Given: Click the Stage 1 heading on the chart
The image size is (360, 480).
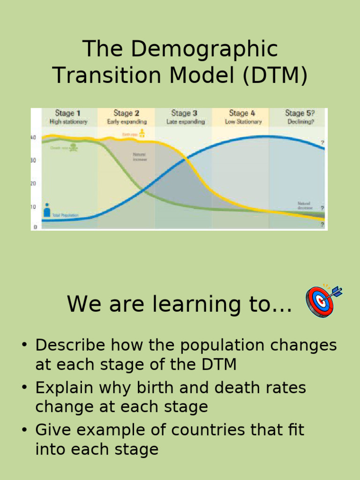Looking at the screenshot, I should (x=68, y=113).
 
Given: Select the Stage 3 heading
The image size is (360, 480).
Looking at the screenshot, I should (x=184, y=113).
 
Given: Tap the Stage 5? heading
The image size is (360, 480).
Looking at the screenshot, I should (x=300, y=113).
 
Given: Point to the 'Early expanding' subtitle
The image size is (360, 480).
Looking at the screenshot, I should (x=127, y=122).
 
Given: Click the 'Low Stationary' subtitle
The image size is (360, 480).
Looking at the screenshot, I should (x=243, y=122).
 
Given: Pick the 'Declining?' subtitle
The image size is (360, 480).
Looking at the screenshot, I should (x=300, y=122).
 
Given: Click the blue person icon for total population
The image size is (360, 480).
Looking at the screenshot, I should (x=47, y=210).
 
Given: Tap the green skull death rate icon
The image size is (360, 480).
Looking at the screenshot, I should (x=74, y=147).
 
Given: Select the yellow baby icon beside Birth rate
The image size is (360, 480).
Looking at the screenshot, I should (x=142, y=134).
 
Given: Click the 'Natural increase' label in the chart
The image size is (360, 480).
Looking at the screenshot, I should (x=140, y=157).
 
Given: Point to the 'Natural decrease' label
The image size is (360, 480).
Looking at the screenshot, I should (x=305, y=205).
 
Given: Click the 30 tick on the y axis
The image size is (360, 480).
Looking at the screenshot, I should (x=33, y=160).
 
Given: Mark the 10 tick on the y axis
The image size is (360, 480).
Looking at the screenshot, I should (x=33, y=207).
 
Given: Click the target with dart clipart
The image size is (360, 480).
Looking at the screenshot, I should (x=323, y=300).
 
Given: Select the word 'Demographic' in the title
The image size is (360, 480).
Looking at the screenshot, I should (x=204, y=50).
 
